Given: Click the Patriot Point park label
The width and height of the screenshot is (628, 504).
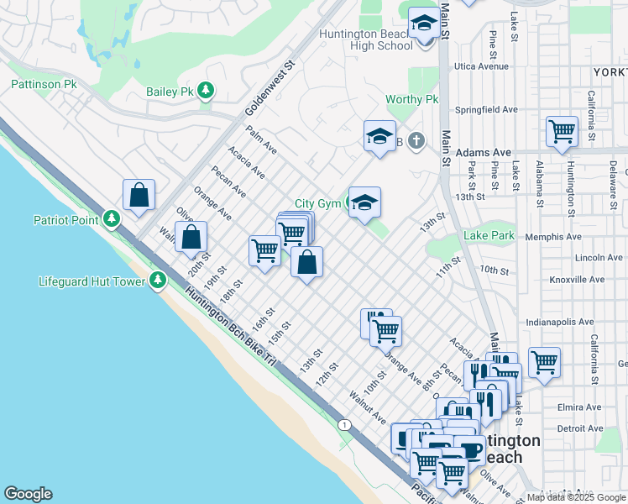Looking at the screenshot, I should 66,220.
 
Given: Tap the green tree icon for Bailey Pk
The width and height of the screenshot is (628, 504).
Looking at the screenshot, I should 205,91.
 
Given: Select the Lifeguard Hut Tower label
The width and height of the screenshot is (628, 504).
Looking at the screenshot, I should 92,281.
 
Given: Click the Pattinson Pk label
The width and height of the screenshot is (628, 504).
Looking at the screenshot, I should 43,85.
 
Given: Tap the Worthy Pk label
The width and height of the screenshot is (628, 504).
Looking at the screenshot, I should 412,99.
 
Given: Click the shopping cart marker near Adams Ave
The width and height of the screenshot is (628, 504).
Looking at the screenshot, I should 562,132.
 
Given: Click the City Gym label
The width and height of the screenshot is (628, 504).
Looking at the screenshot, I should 317,204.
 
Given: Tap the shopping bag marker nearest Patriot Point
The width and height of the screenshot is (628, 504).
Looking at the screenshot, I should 139,195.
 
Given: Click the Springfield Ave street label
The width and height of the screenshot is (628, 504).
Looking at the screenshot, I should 486,109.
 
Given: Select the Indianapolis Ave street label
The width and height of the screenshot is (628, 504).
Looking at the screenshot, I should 559,322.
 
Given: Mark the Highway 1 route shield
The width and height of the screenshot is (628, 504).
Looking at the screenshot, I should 344,425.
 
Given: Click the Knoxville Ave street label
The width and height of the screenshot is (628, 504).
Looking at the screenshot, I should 576,279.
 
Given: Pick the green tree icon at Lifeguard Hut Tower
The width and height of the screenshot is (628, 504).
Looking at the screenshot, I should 158,281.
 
